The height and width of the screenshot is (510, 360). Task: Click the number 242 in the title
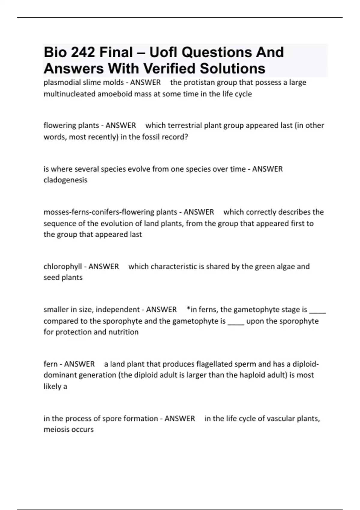(x=82, y=52)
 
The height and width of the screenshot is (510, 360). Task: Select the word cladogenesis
(x=65, y=180)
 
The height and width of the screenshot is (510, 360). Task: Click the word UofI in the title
(x=162, y=52)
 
